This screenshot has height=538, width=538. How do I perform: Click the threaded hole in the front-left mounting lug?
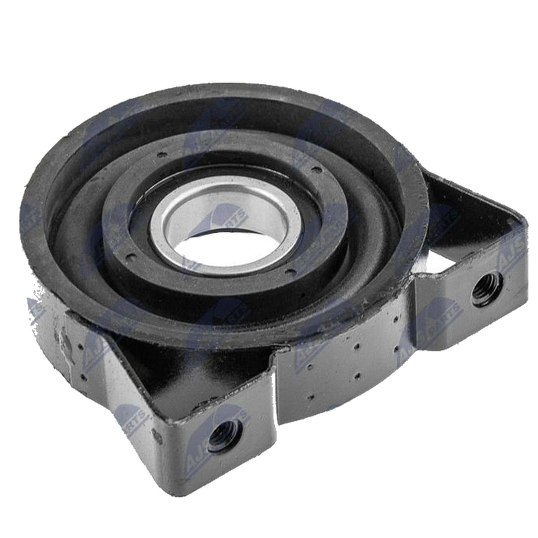pos(223,436)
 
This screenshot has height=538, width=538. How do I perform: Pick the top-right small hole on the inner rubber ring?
pos(315,169)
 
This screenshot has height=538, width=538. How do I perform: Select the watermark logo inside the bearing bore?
pos(221,221)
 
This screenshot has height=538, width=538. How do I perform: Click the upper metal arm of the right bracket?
pos(473,200)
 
